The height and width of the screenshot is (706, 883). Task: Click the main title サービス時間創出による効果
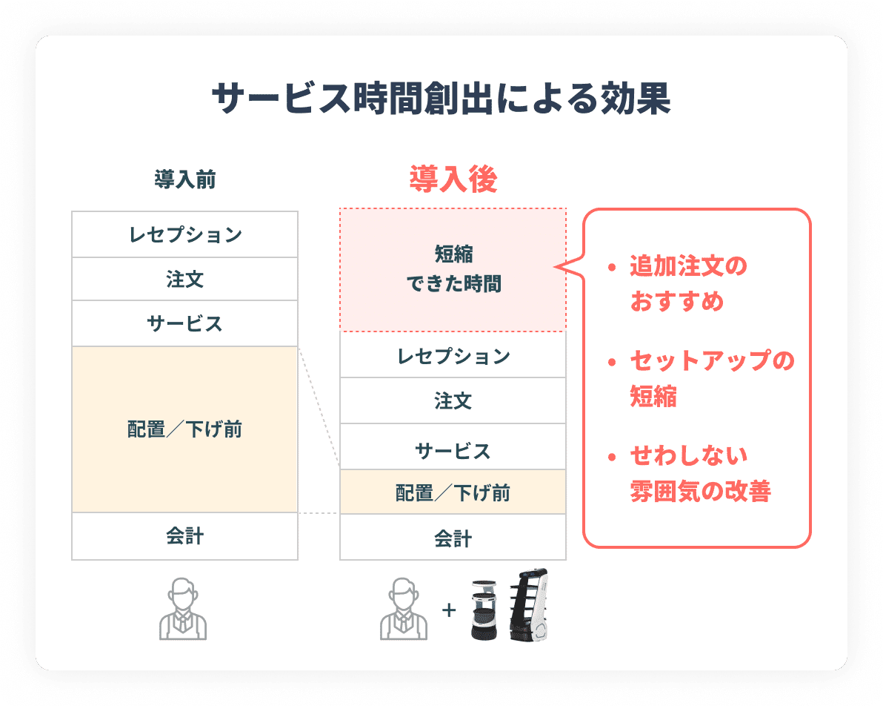coord(441,99)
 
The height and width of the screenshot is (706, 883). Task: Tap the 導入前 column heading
coord(184,179)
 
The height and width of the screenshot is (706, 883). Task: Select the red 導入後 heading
coord(453,179)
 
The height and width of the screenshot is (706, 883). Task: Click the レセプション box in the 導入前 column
coord(184,234)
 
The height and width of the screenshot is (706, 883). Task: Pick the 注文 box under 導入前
coord(184,279)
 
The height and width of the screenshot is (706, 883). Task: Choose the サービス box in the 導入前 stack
coord(184,323)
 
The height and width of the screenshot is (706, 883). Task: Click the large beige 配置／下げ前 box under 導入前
coord(184,429)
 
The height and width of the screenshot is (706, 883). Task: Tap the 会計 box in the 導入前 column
coord(184,536)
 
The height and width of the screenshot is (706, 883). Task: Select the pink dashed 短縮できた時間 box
coord(453,269)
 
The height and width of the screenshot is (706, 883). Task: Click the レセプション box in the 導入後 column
coord(453,354)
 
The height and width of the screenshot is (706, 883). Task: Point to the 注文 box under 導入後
coord(453,401)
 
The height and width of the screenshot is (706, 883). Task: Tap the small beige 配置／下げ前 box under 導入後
coord(453,492)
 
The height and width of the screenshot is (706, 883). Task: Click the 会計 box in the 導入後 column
coord(453,538)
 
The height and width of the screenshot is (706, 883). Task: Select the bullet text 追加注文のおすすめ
coord(688,283)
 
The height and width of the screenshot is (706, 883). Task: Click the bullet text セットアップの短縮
coord(712,378)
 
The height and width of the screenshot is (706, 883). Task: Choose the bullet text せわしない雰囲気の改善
coord(700,473)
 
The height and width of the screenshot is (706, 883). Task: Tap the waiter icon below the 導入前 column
coord(183,609)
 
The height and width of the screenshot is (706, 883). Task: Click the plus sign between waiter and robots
coord(449,610)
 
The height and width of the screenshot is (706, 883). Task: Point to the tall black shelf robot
coord(528,605)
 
